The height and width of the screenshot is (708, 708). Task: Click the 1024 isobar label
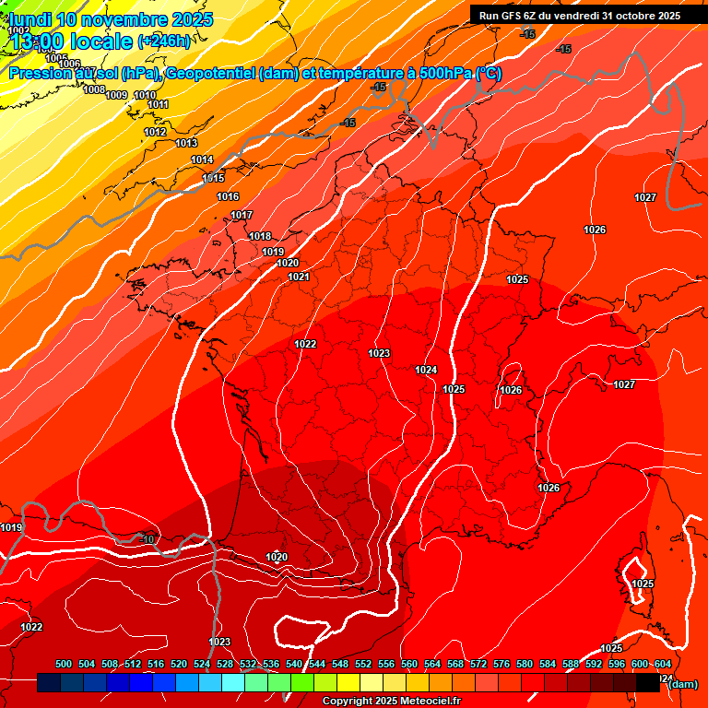(x=426, y=370)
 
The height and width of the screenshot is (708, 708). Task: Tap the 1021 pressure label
(x=298, y=277)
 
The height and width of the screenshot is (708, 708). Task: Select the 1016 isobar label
(x=228, y=196)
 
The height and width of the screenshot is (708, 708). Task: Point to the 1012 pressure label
(x=155, y=132)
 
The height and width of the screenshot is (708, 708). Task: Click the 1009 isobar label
(x=116, y=95)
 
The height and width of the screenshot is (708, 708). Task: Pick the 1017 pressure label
(x=242, y=215)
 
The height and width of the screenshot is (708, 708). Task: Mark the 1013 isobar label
(x=186, y=143)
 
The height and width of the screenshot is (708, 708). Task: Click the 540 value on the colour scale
(x=294, y=664)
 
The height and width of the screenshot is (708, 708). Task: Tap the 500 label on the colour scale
(x=64, y=664)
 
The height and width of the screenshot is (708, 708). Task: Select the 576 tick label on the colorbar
(x=501, y=664)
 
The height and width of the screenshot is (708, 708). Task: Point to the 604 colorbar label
(x=662, y=664)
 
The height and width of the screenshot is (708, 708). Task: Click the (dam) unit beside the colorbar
(x=681, y=683)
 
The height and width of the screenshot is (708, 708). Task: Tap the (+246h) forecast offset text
(x=164, y=41)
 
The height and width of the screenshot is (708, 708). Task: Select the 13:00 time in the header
(x=41, y=41)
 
